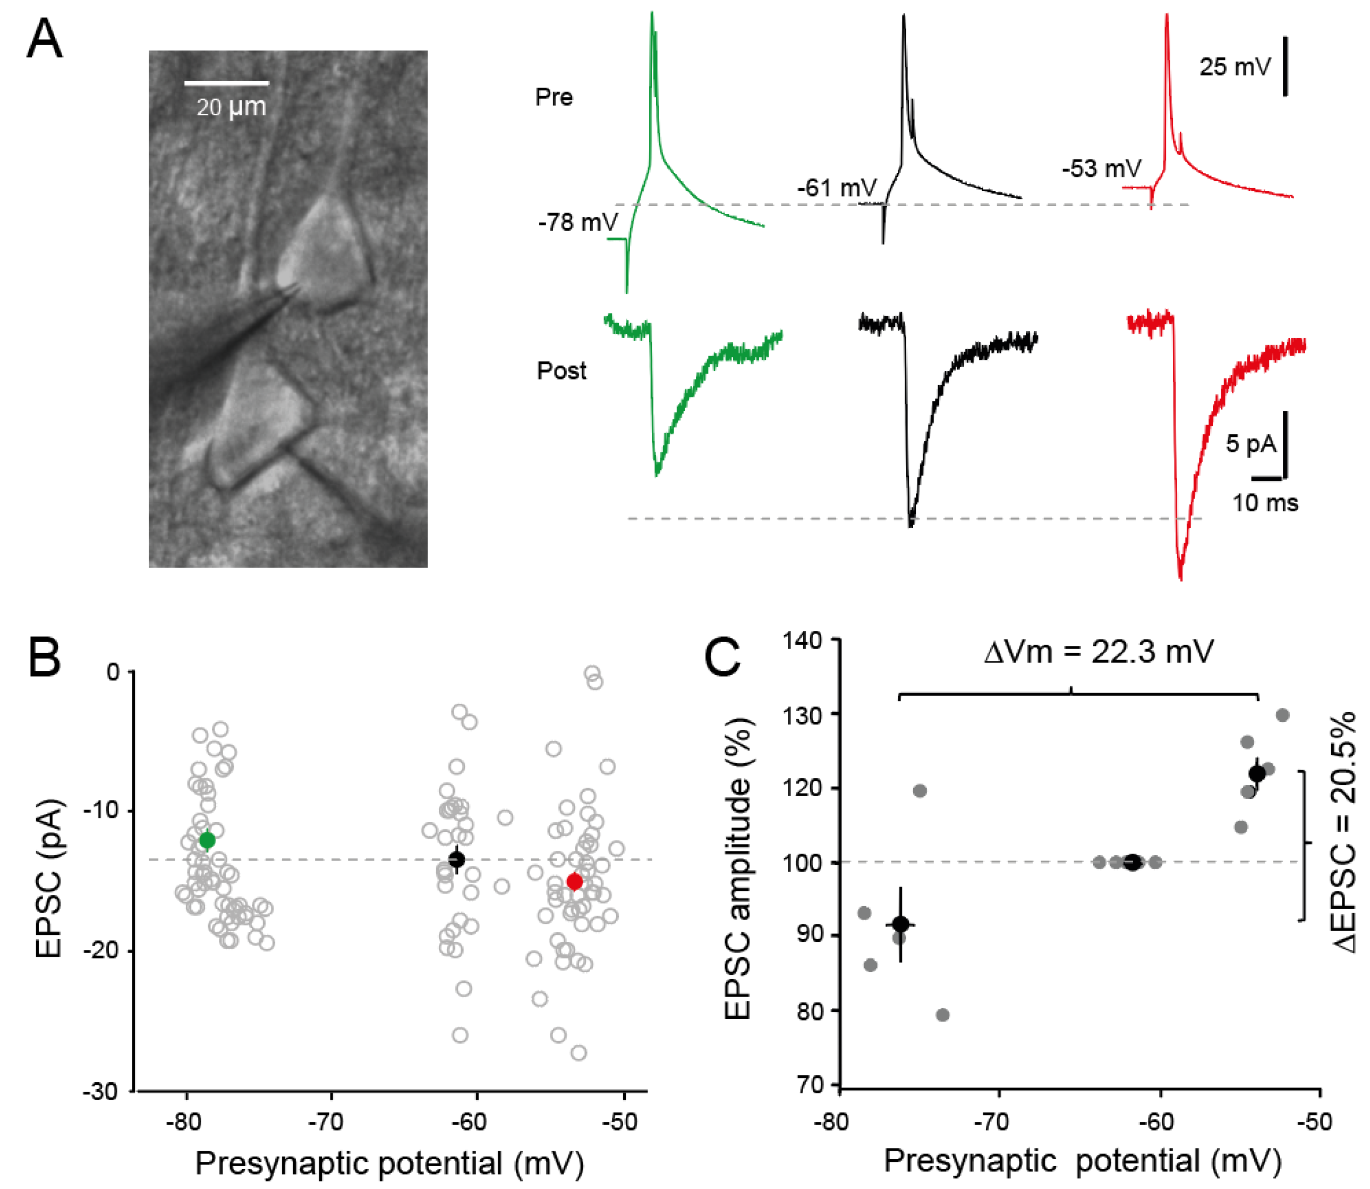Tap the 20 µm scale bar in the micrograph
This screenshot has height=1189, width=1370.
226,83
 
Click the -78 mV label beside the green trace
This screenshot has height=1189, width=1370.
577,222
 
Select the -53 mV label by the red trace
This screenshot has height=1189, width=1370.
1101,168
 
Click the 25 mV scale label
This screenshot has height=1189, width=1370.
1235,66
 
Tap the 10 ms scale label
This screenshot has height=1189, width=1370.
1265,502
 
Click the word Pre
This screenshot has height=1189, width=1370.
554,98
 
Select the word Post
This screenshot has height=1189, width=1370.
561,370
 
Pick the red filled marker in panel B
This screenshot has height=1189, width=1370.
574,882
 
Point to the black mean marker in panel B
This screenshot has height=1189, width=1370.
456,859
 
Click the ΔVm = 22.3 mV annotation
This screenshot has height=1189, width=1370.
1099,652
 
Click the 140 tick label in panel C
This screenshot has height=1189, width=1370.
803,640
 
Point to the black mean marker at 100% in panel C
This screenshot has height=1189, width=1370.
1133,862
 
